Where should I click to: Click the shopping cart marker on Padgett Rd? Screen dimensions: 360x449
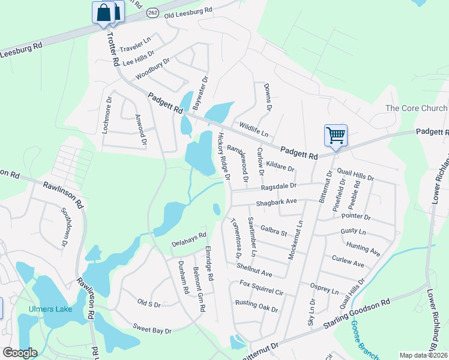click(336, 134)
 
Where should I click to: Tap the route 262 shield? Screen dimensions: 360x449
click(153, 12)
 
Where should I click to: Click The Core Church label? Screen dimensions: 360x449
click(416, 108)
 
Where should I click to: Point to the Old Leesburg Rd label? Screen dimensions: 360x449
click(188, 11)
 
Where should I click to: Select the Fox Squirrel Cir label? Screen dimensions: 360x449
click(261, 287)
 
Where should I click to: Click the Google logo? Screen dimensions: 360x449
click(19, 353)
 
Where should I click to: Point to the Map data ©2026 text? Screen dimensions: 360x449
click(423, 355)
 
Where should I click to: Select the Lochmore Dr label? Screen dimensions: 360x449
click(107, 115)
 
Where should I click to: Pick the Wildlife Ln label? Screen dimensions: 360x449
click(253, 128)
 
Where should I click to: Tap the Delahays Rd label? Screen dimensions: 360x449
click(188, 239)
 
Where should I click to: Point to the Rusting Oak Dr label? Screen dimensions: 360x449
click(256, 306)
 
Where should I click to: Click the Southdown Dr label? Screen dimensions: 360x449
click(65, 227)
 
